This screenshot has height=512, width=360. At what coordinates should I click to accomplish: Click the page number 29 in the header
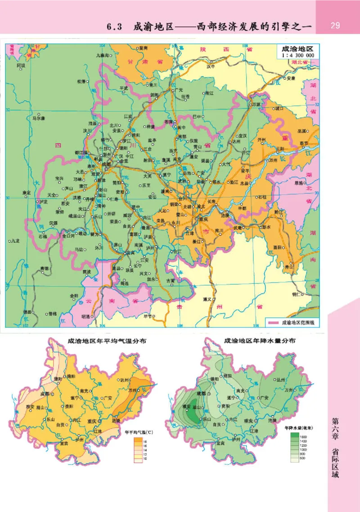pos(335,25)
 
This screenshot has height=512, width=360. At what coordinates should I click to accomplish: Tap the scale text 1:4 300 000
pos(297,55)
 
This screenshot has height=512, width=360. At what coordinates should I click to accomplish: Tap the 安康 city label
pos(290,78)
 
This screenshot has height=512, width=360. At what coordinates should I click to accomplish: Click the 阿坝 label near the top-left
pos(21,65)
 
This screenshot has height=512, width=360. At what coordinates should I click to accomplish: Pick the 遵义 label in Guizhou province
pos(207,299)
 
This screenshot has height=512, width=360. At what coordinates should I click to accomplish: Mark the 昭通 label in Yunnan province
pos(85,316)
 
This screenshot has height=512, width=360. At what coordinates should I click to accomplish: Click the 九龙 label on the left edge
pos(15,241)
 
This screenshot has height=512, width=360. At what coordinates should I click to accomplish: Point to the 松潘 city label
pos(81,82)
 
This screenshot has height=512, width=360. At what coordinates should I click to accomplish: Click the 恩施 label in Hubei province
pos(299,183)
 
